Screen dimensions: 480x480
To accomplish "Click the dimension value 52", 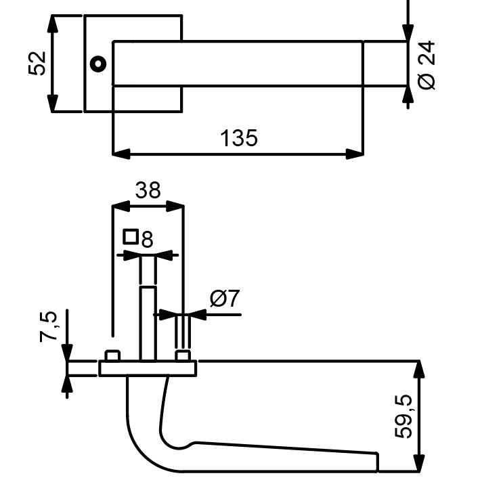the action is coord(37,64).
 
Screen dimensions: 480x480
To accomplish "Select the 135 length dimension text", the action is coord(239,138).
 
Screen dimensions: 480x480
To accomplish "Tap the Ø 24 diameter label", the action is coord(427,65).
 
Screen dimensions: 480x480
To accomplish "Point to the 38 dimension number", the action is coord(148,190).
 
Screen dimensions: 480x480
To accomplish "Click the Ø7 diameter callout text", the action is coord(225,298).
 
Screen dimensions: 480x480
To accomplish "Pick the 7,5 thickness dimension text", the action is coord(49,326).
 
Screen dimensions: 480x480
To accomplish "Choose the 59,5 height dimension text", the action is coord(403,416).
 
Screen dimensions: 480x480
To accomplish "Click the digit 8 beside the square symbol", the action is coord(147,240).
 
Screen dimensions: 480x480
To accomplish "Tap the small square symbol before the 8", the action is coord(131,237).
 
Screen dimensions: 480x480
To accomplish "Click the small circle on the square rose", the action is coord(98,64).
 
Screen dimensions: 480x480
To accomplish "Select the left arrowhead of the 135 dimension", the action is coord(122,154).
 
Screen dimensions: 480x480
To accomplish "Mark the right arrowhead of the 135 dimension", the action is coord(355,154).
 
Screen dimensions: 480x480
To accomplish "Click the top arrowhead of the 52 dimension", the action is coord(53,24).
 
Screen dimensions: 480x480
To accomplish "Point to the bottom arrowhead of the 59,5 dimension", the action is coord(419,464).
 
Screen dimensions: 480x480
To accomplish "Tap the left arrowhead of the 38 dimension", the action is coord(121,206).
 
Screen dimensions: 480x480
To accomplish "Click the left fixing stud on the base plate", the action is coord(112,355).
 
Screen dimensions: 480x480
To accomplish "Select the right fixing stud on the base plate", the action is coord(183,356).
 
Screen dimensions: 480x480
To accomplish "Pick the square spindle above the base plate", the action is coord(148,324).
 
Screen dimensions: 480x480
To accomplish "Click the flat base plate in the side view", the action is coord(148,368).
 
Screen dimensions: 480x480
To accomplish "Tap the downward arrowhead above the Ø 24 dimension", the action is coord(408,32).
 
